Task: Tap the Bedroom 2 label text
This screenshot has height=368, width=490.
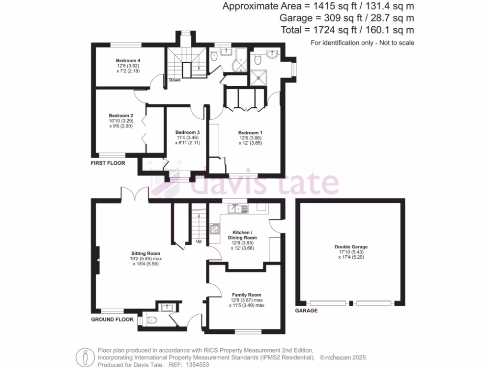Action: click(x=121, y=115)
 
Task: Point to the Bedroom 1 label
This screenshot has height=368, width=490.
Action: click(x=250, y=132)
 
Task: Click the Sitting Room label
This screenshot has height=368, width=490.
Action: click(x=146, y=253)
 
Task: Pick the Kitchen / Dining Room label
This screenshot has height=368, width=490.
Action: click(x=245, y=234)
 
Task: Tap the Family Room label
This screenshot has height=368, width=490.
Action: click(x=246, y=295)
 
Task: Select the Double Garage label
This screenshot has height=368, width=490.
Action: click(x=351, y=247)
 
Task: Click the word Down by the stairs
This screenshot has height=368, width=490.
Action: click(x=175, y=80)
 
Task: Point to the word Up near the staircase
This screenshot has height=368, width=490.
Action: click(x=199, y=241)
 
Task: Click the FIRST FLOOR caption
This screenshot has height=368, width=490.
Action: click(x=108, y=163)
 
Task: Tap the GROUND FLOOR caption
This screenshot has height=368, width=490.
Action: click(x=112, y=319)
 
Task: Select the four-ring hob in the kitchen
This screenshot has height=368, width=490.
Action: click(x=215, y=229)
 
